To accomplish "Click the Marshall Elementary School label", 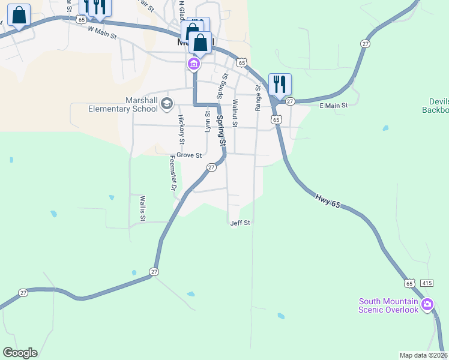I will tap(122, 104).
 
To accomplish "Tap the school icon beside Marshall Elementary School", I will tap(166, 105).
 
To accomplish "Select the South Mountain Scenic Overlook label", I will tap(388, 305).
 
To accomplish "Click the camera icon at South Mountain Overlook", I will tap(427, 305).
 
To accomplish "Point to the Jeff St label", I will tap(240, 223).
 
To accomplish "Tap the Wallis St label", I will tap(143, 208).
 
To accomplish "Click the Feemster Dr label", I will tap(172, 173).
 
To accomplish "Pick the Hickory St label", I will tap(181, 129).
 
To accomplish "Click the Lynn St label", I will tap(208, 121).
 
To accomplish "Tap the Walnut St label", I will tap(235, 113).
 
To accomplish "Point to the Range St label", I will tap(258, 97).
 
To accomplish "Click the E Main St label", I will tap(334, 106).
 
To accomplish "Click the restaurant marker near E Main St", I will tap(280, 85).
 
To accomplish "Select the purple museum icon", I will tap(194, 64).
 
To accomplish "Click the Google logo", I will tap(20, 353).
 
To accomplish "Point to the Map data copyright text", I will tap(424, 355).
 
